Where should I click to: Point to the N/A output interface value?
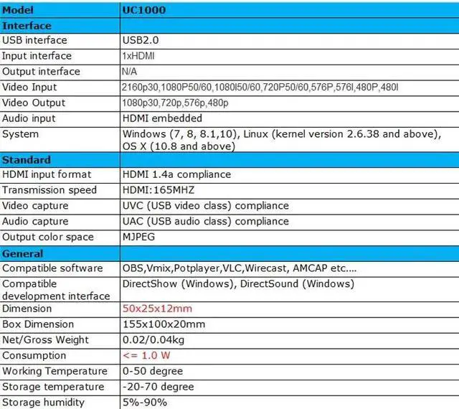(x=131, y=72)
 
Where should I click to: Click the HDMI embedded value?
(x=162, y=118)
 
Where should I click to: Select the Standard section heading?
(x=27, y=159)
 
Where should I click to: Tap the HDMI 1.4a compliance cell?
(x=176, y=174)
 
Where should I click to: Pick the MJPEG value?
(x=139, y=237)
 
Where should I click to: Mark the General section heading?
(x=23, y=253)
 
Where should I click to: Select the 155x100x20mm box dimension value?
(x=164, y=324)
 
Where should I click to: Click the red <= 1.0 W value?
(x=147, y=356)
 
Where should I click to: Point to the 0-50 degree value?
(x=153, y=372)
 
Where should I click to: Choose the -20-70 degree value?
(x=158, y=387)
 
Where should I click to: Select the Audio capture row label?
(x=35, y=222)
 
